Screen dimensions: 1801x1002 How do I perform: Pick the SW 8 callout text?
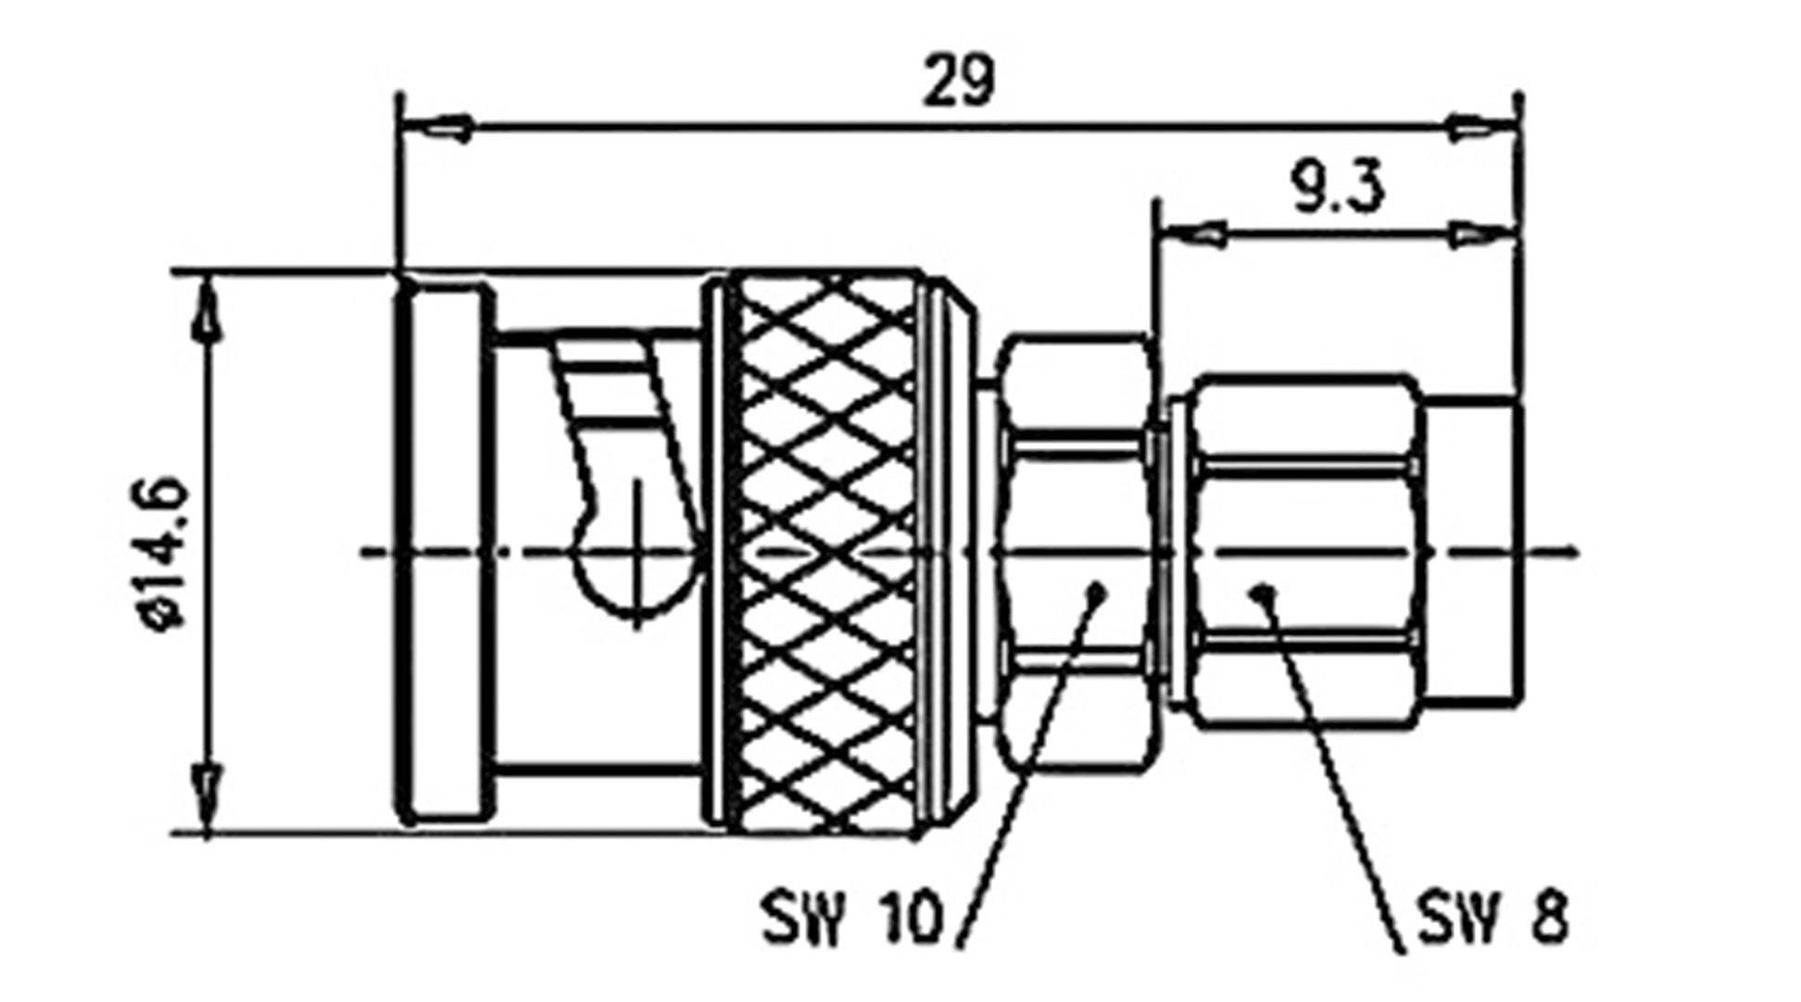pos(1492,917)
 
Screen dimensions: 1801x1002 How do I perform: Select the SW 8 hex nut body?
pos(1304,552)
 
